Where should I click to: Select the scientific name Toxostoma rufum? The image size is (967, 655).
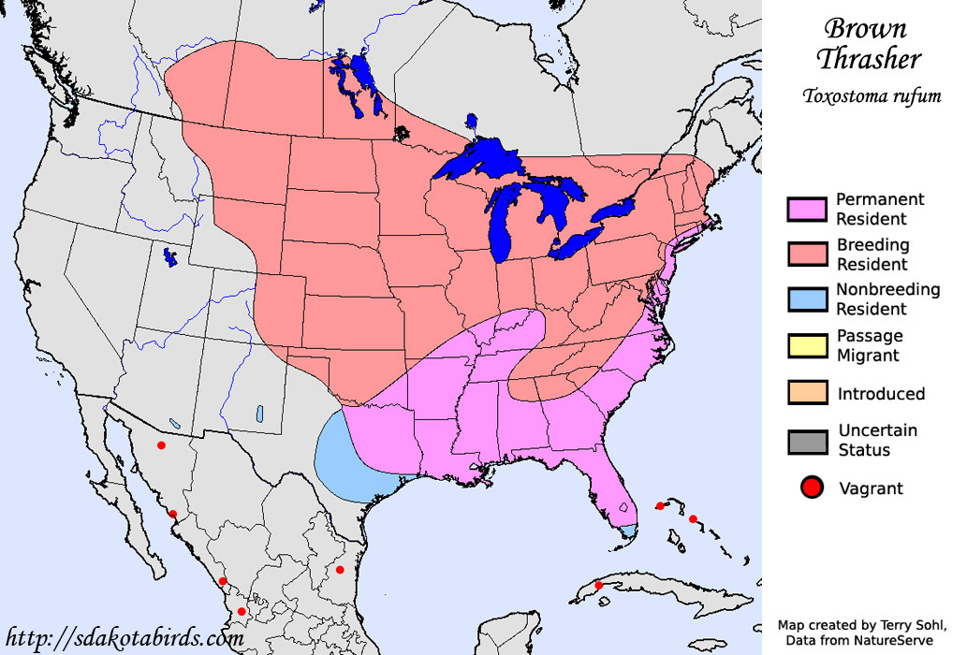pyautogui.click(x=871, y=96)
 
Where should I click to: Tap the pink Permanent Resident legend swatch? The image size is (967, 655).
pyautogui.click(x=806, y=210)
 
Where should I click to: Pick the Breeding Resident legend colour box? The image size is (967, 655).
pyautogui.click(x=806, y=255)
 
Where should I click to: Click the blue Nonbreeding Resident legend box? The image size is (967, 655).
pyautogui.click(x=806, y=299)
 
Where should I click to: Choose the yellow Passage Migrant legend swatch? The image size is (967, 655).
pyautogui.click(x=806, y=345)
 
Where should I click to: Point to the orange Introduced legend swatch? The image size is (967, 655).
pyautogui.click(x=806, y=393)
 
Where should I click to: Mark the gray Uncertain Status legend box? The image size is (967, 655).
pyautogui.click(x=806, y=440)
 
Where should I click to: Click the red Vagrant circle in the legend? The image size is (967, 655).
pyautogui.click(x=812, y=488)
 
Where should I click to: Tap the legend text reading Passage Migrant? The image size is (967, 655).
pyautogui.click(x=870, y=345)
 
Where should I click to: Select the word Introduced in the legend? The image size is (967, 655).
pyautogui.click(x=881, y=394)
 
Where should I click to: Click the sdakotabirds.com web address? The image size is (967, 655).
pyautogui.click(x=124, y=638)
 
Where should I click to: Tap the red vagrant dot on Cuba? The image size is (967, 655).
pyautogui.click(x=598, y=586)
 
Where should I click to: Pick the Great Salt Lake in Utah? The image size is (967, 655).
pyautogui.click(x=169, y=255)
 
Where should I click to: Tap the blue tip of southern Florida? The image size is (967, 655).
pyautogui.click(x=629, y=531)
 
